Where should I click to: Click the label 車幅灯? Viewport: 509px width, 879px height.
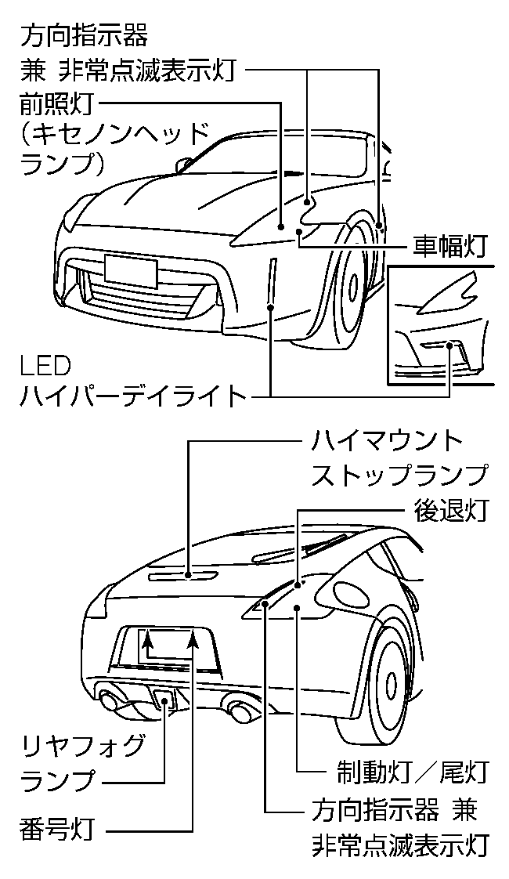pyautogui.click(x=449, y=247)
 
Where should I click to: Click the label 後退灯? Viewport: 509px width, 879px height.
pyautogui.click(x=449, y=510)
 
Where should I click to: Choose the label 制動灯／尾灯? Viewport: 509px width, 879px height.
pyautogui.click(x=407, y=771)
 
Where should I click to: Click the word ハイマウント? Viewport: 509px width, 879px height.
pyautogui.click(x=388, y=440)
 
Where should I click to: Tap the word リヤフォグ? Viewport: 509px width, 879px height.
pyautogui.click(x=82, y=745)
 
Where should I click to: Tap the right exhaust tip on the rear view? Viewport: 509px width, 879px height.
pyautogui.click(x=241, y=712)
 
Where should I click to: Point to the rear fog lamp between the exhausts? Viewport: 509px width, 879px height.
pyautogui.click(x=164, y=700)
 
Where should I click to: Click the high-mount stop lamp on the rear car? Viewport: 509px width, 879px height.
pyautogui.click(x=186, y=576)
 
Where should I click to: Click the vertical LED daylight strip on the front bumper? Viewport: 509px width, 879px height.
pyautogui.click(x=271, y=283)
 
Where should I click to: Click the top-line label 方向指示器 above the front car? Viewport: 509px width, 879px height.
pyautogui.click(x=84, y=35)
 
